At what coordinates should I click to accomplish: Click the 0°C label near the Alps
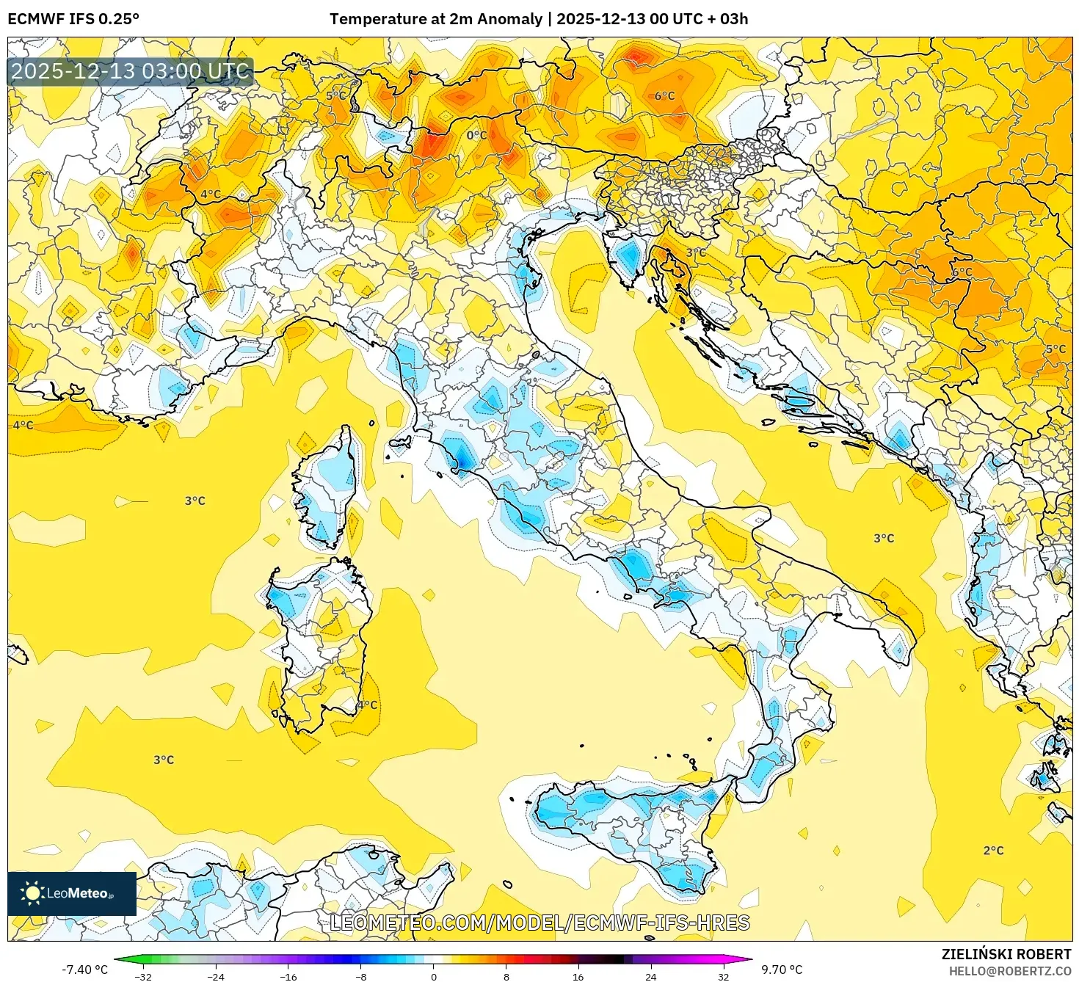coord(476,135)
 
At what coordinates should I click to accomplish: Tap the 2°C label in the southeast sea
coord(993,851)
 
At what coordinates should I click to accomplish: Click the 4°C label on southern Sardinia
coord(368,705)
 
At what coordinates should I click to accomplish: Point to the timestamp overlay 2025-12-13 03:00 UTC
coord(131,71)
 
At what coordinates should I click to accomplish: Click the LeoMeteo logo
coord(72,893)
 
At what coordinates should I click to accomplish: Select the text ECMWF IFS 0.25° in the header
coord(73,19)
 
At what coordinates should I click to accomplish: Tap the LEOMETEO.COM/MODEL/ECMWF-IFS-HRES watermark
coord(539,923)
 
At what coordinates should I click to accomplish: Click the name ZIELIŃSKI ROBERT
coord(1006,954)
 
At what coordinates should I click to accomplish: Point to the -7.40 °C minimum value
coord(84,970)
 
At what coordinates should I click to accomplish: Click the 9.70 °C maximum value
coord(782,970)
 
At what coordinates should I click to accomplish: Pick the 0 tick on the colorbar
coord(434,977)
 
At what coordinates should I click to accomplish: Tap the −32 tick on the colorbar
coord(143,977)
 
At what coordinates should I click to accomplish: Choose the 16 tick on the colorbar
coord(578,977)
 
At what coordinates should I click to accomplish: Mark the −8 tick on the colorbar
coord(361,977)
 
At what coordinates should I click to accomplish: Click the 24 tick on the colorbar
coord(651,977)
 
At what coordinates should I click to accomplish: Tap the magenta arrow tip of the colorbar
coord(748,959)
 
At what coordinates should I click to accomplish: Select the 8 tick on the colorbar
coord(506,977)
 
